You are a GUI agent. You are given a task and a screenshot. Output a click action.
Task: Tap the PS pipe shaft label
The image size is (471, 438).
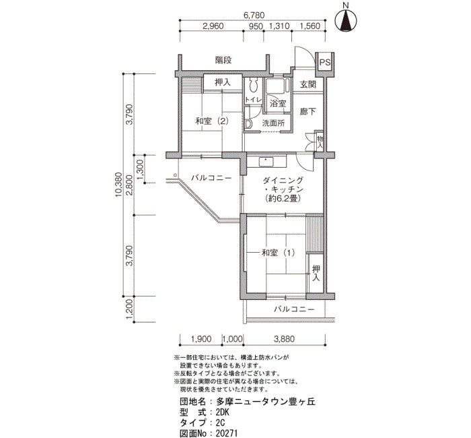point(325,63)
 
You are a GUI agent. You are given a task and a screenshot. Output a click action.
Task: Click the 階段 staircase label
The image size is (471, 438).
point(224,60)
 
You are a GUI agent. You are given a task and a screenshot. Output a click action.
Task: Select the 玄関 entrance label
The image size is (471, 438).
point(308,84)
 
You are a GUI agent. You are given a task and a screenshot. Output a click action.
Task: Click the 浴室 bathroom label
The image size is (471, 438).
point(277,104)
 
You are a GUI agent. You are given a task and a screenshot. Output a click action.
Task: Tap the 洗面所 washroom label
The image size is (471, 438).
point(273,123)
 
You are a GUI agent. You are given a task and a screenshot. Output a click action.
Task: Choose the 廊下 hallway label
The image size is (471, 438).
point(308,111)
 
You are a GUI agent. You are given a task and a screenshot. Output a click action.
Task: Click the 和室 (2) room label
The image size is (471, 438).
point(212,121)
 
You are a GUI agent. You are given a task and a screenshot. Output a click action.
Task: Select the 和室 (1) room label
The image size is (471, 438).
point(279,253)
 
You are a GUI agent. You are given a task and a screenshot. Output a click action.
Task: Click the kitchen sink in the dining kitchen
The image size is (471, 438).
point(266,162)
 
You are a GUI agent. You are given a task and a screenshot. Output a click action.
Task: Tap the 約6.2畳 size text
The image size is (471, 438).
point(283,198)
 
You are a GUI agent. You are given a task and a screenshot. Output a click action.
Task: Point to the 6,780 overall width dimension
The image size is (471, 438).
point(254,15)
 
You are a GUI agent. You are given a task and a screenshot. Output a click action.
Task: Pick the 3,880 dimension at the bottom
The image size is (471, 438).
point(284,339)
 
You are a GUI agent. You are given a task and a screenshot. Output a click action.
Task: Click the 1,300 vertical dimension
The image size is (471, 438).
point(140,169)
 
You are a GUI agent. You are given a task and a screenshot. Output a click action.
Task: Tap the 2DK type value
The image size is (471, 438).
point(223,412)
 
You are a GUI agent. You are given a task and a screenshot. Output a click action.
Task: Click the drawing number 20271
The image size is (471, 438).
point(227,433)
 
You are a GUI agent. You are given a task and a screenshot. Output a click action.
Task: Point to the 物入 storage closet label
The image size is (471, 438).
point(320,143)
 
